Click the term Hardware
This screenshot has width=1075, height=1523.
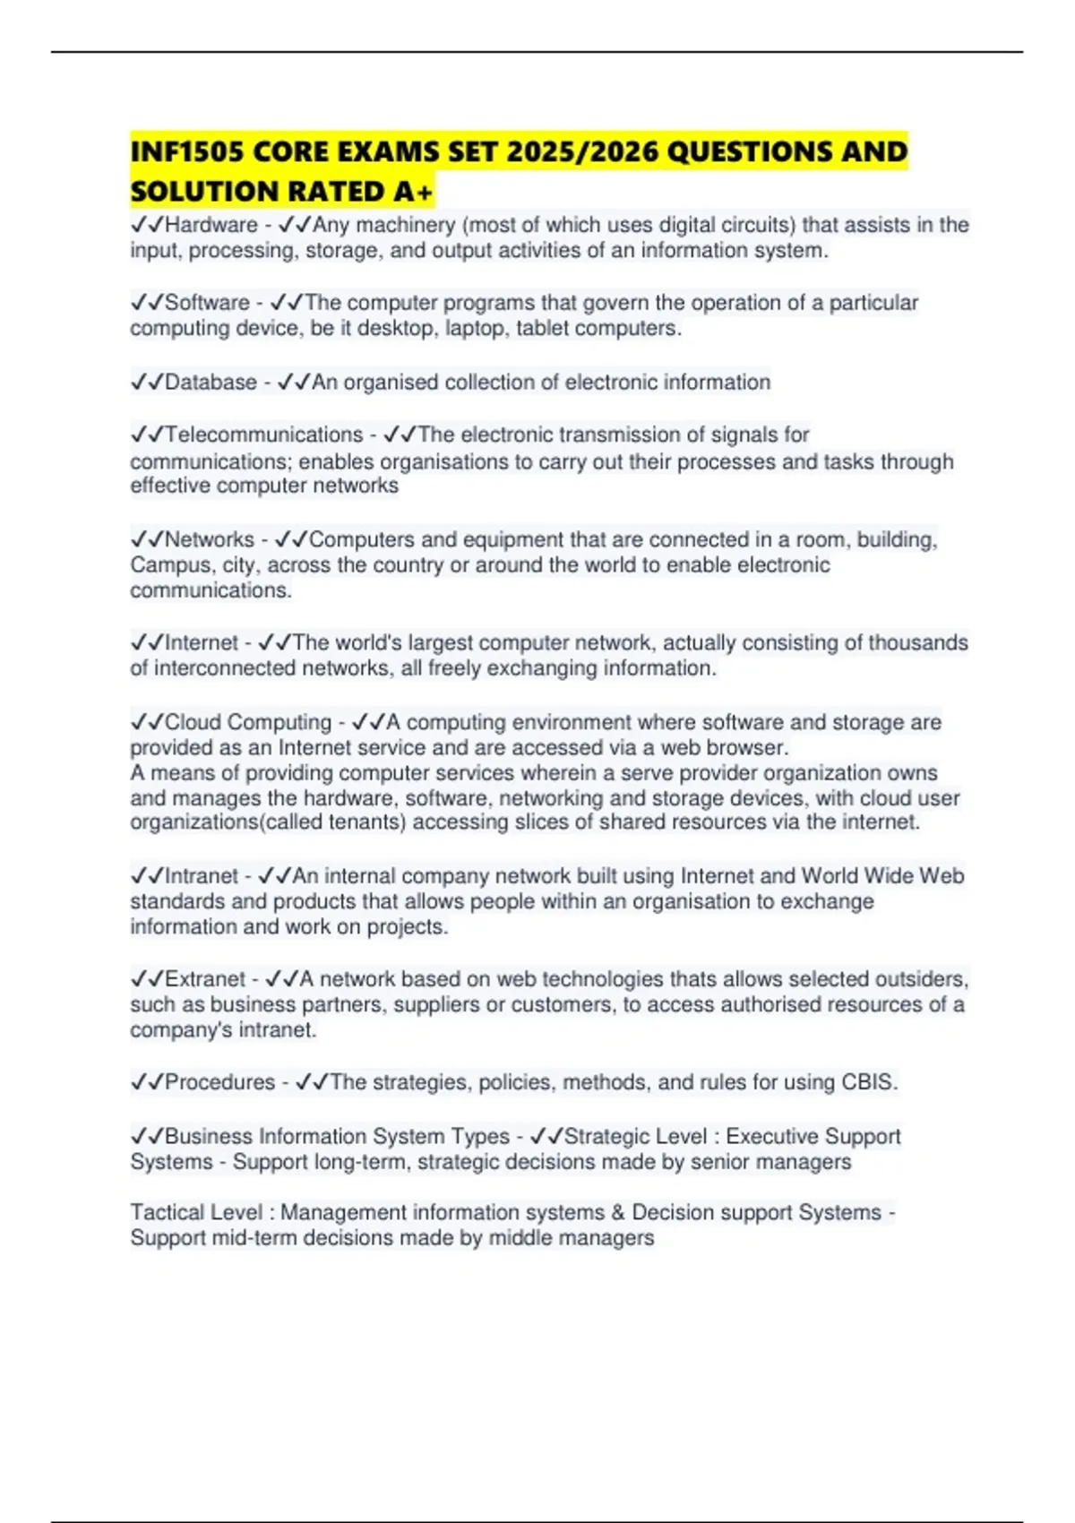tap(211, 225)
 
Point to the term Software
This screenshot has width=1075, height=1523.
tap(207, 303)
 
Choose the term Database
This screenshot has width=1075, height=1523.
tap(211, 383)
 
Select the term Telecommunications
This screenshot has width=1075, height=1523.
tap(263, 435)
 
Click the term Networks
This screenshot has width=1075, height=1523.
tap(210, 540)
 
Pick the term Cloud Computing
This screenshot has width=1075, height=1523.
tap(248, 723)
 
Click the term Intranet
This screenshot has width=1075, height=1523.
tap(202, 876)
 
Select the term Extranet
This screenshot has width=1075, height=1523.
tap(205, 979)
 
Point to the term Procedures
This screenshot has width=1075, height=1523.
tap(219, 1082)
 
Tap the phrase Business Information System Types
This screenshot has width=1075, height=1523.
tap(337, 1137)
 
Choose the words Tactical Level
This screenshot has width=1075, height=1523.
tap(196, 1213)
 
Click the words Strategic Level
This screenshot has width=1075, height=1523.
tap(635, 1137)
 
